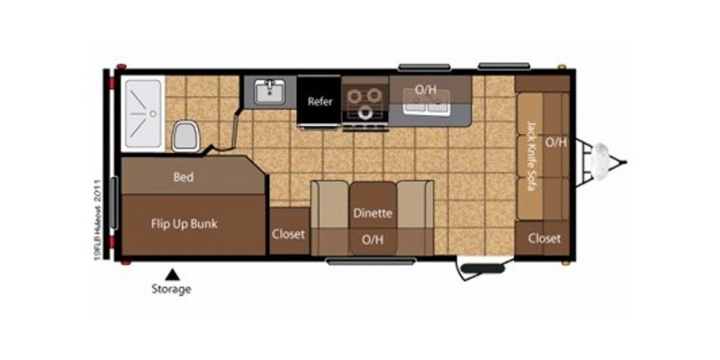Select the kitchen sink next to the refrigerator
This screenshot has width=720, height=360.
pos(269,92)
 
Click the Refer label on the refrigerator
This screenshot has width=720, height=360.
pos(320,102)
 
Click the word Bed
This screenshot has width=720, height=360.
pos(184,177)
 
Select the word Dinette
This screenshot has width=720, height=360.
pos(372,213)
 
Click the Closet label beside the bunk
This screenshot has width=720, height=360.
pos(288,234)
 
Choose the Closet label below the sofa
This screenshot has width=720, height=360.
pos(544,238)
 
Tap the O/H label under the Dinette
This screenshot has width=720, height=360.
pos(372,239)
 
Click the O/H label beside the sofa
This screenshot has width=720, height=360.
pos(556,142)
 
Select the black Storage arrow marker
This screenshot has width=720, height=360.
pos(170,273)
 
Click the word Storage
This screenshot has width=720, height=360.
pos(171,289)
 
